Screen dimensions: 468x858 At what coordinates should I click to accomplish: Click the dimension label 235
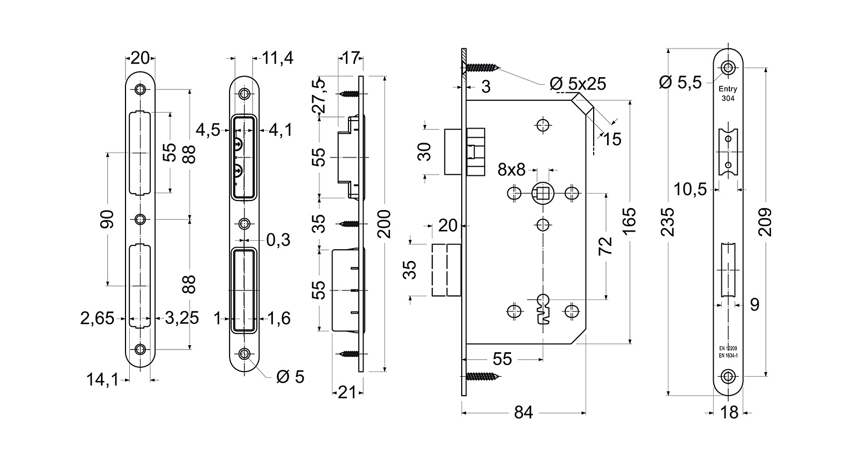tap(668, 222)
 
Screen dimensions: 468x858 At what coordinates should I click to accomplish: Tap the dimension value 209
tap(766, 222)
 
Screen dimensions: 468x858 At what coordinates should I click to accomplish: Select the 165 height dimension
tap(630, 220)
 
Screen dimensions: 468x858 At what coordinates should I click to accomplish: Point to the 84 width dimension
tap(523, 413)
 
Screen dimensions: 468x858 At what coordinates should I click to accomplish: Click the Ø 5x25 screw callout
tap(578, 84)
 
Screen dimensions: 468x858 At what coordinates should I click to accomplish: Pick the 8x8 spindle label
tap(511, 170)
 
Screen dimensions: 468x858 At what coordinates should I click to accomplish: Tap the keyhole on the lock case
tap(543, 309)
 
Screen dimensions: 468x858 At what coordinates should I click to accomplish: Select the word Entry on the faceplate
tap(728, 90)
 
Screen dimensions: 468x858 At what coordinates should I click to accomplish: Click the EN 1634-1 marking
tap(728, 355)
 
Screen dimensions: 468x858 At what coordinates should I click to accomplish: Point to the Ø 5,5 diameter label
tap(681, 82)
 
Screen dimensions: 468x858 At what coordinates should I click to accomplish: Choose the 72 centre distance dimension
tap(605, 246)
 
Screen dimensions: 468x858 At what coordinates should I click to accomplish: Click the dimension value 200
tap(384, 224)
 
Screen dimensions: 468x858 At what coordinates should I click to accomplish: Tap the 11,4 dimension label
tap(278, 58)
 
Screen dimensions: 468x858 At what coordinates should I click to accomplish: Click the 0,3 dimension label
tap(278, 240)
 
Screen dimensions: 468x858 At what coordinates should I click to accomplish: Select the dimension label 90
tap(108, 219)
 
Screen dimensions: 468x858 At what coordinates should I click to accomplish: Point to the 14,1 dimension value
tap(102, 380)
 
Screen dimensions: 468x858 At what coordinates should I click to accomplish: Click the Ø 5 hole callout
tap(290, 377)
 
